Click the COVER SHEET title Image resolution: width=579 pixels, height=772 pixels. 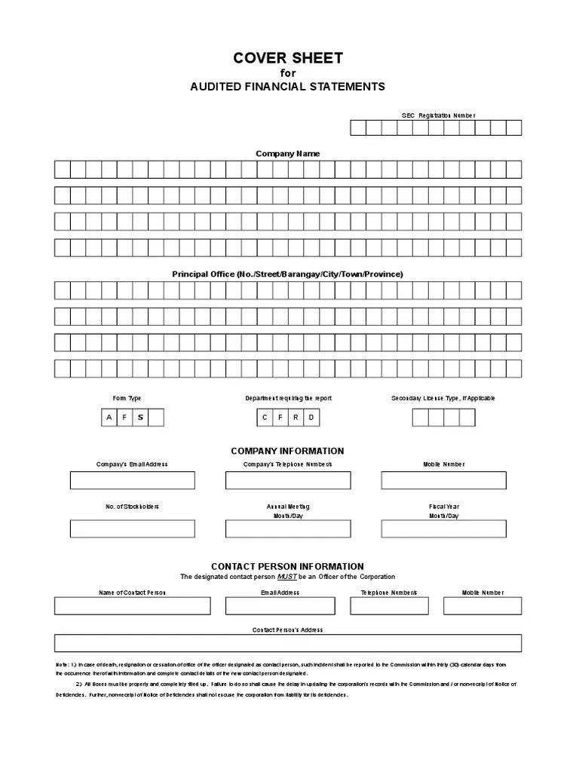(287, 58)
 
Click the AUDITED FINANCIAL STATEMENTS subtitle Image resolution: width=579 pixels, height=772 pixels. (287, 87)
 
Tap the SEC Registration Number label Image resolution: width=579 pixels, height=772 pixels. (438, 115)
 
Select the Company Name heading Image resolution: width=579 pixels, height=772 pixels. (287, 154)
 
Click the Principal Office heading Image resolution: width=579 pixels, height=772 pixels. (287, 274)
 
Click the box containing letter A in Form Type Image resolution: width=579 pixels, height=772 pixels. (109, 417)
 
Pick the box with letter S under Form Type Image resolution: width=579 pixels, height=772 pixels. (139, 417)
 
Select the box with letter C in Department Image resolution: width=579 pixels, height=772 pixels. (264, 417)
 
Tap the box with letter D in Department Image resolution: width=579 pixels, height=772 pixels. (311, 417)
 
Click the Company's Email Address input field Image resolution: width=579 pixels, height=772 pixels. (132, 480)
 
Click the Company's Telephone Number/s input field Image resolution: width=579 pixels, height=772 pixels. (287, 480)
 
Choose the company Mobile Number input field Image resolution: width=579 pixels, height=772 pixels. (443, 480)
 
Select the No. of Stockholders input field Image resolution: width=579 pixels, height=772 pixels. (132, 528)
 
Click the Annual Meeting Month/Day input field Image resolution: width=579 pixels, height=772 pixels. (287, 528)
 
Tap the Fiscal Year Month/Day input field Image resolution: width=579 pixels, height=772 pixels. (443, 528)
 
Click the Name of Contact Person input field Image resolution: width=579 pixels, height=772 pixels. (132, 606)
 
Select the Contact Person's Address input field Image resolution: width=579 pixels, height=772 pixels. (287, 642)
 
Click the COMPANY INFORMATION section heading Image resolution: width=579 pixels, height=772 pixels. (287, 451)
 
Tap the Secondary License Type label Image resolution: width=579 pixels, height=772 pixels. (443, 398)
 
